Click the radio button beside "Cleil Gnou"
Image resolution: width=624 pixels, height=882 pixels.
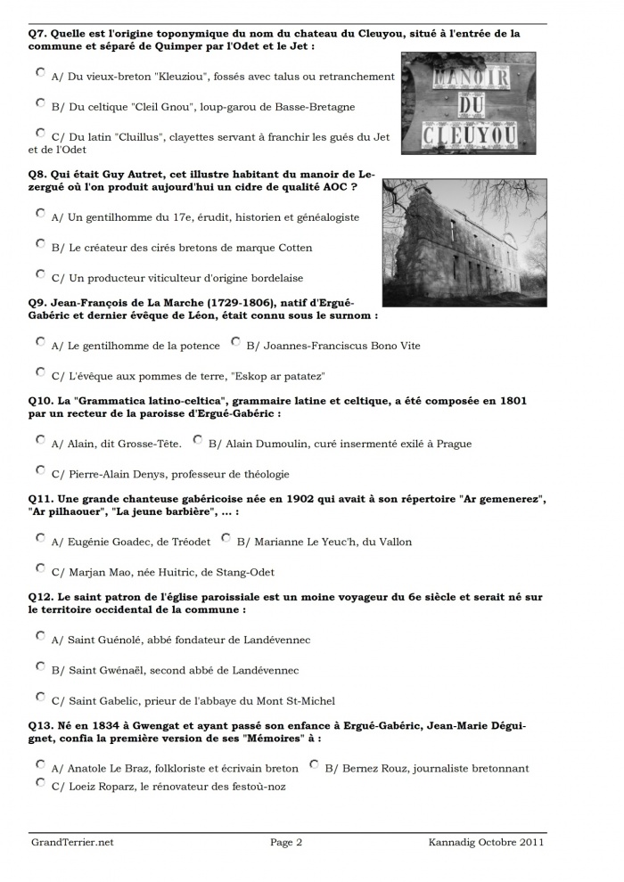pyautogui.click(x=40, y=102)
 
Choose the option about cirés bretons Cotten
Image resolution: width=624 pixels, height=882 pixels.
pyautogui.click(x=40, y=242)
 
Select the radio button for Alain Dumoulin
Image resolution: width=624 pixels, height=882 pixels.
pyautogui.click(x=198, y=439)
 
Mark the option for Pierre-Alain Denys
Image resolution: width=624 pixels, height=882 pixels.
pyautogui.click(x=40, y=470)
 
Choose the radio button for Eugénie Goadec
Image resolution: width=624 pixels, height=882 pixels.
pyautogui.click(x=40, y=537)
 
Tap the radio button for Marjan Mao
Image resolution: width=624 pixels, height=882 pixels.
pyautogui.click(x=40, y=568)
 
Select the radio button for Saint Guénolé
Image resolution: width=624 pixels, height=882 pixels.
pyautogui.click(x=40, y=635)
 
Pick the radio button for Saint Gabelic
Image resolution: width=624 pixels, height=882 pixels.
pyautogui.click(x=40, y=696)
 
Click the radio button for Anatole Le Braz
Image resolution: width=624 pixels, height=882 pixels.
pyautogui.click(x=40, y=764)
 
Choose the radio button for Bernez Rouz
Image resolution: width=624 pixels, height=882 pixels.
pyautogui.click(x=314, y=764)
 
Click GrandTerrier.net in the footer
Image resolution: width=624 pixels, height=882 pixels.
pyautogui.click(x=72, y=842)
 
